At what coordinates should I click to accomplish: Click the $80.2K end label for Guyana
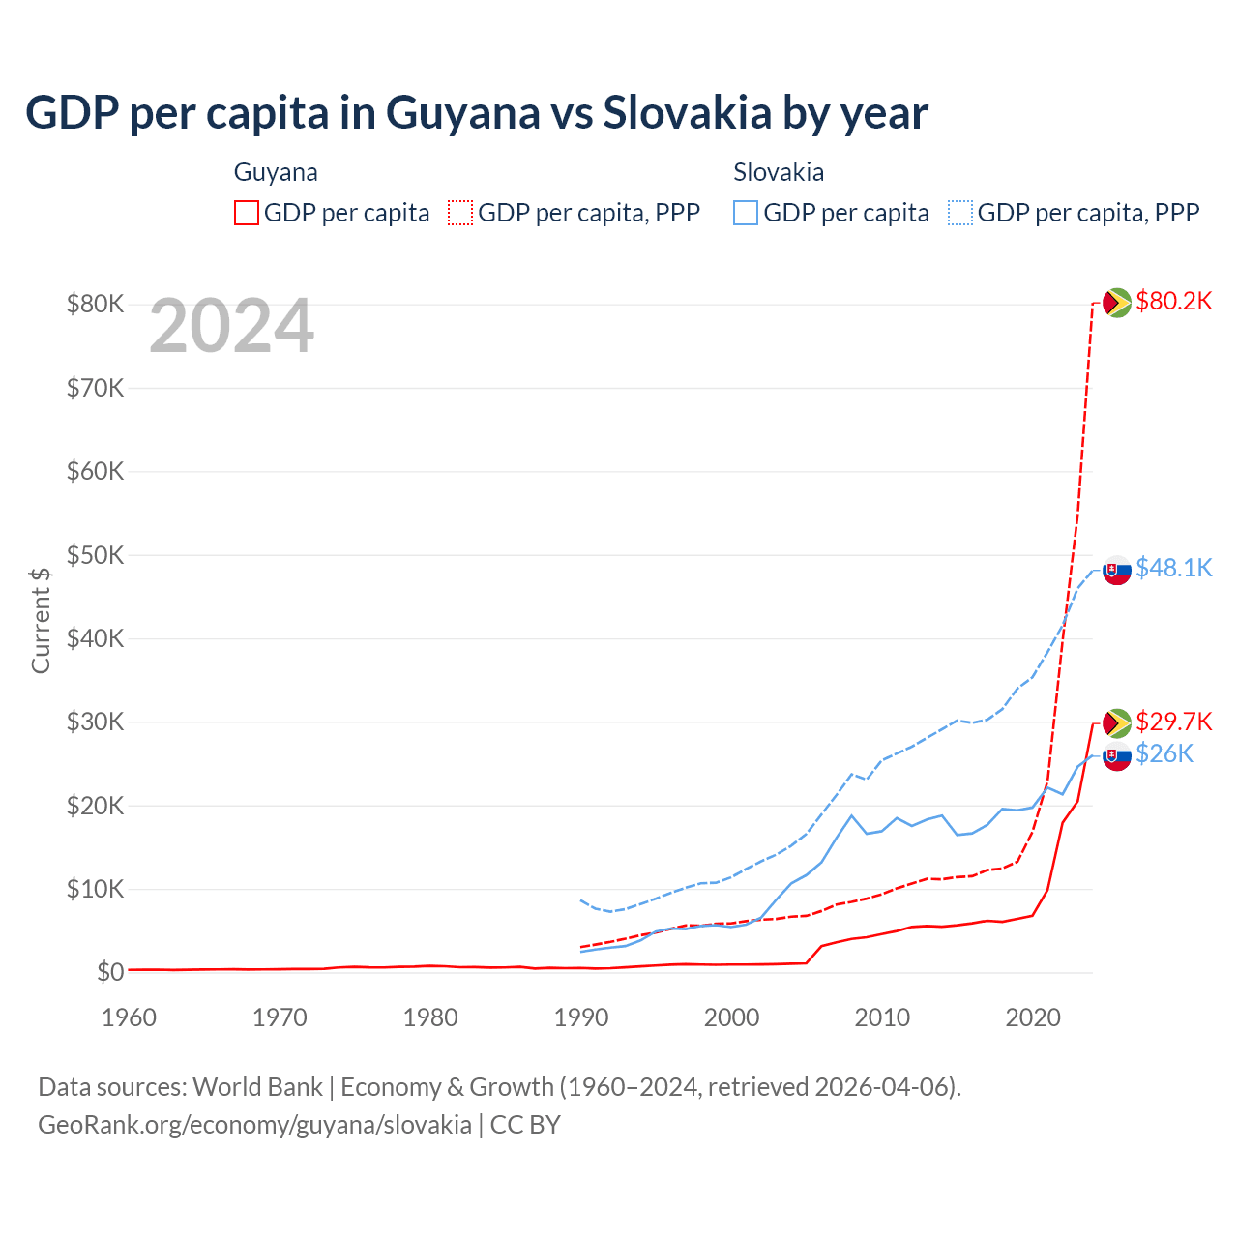(1173, 301)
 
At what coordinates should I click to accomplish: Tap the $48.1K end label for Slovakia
(1173, 568)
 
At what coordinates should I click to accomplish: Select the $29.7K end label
(1173, 722)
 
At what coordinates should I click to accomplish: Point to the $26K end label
(1164, 753)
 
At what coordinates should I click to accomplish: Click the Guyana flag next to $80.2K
(1117, 303)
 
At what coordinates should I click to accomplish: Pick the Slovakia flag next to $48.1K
(1117, 571)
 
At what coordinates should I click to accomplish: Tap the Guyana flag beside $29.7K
(1117, 722)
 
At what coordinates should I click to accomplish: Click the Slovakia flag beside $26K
(1117, 756)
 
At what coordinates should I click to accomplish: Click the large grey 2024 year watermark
(231, 326)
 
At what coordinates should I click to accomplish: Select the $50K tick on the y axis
(95, 555)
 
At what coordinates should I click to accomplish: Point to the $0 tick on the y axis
(110, 972)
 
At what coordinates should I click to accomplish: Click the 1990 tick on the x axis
(580, 1017)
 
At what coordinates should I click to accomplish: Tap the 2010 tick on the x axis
(882, 1017)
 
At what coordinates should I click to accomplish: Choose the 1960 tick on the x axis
(129, 1017)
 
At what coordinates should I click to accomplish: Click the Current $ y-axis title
(41, 620)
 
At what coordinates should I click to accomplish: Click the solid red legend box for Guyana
(247, 213)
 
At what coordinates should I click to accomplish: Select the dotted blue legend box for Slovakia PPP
(960, 213)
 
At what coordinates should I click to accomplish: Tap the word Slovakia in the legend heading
(779, 172)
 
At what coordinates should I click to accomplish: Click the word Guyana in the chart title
(463, 112)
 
